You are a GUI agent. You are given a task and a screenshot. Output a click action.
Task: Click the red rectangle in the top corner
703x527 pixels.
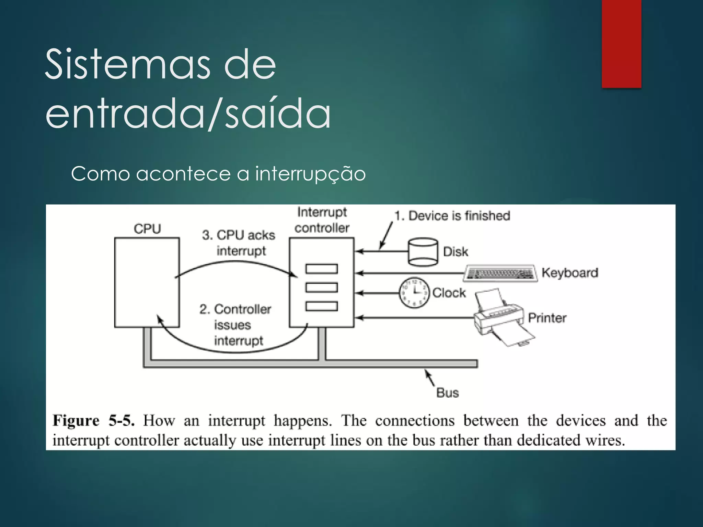621,44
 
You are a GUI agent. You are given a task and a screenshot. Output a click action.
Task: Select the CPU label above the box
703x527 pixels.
147,229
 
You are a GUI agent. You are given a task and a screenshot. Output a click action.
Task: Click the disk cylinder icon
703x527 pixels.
423,252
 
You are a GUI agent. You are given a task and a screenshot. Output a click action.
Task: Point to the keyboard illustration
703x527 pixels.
500,273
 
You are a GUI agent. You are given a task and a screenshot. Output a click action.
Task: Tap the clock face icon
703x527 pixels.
414,293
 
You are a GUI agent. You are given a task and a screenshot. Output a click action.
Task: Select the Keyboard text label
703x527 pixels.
570,273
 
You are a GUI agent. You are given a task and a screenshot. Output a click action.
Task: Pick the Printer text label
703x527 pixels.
547,318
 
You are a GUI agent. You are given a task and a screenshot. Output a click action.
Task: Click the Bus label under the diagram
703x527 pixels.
447,393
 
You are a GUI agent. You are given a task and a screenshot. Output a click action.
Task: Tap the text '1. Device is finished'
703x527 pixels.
452,216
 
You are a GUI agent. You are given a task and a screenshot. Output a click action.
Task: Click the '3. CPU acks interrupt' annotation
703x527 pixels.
239,243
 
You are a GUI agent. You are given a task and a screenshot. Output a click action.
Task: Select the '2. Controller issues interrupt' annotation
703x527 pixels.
236,325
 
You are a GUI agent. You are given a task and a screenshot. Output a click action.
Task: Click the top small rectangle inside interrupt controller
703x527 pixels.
322,269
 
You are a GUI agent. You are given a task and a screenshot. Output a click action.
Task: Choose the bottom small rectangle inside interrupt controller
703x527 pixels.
322,306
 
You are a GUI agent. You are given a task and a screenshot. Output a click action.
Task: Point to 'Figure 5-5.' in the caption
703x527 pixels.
93,421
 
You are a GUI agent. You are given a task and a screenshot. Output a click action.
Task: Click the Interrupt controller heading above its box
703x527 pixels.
322,220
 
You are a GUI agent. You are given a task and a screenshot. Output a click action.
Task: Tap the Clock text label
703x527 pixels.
449,293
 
